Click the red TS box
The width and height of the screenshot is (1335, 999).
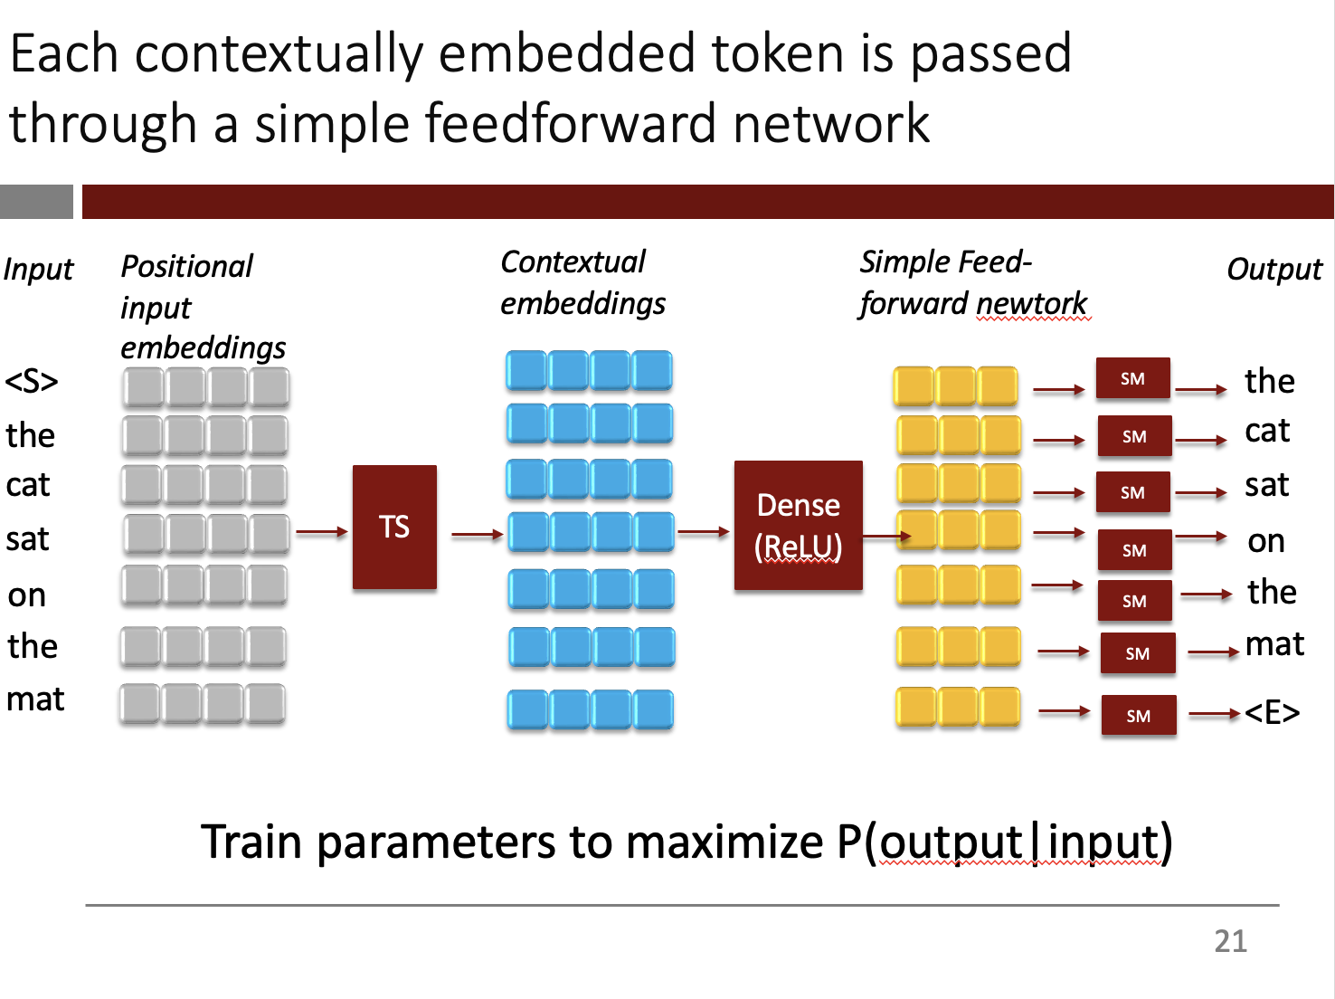[394, 527]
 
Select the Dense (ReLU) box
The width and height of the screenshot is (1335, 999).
[798, 526]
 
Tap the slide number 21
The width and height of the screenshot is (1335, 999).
[1230, 941]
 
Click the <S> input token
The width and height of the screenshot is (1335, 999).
[32, 382]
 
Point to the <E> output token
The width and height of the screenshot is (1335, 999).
[1272, 713]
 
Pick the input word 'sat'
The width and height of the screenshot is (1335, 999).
[27, 540]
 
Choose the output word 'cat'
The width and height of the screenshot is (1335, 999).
[1267, 431]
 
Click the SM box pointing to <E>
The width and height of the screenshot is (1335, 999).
[1139, 716]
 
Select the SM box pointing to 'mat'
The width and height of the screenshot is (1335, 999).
[1138, 653]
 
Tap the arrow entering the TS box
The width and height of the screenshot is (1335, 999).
[322, 532]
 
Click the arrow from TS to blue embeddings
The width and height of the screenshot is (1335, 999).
[477, 535]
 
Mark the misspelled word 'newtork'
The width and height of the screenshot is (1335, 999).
[1032, 303]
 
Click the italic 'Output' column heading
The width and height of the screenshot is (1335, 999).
[1274, 270]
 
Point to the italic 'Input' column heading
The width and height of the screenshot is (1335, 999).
[38, 270]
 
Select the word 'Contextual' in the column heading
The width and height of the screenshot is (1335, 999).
[573, 262]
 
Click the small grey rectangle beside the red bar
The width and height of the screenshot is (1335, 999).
[36, 202]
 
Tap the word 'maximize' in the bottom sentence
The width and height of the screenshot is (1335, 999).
[724, 842]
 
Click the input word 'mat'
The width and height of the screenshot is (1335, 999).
[35, 699]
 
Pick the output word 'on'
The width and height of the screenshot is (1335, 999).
[1266, 541]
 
